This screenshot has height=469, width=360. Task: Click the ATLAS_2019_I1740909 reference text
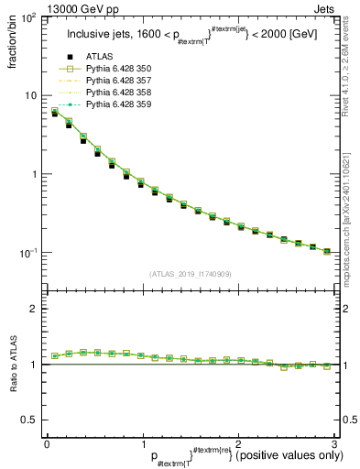click(189, 274)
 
